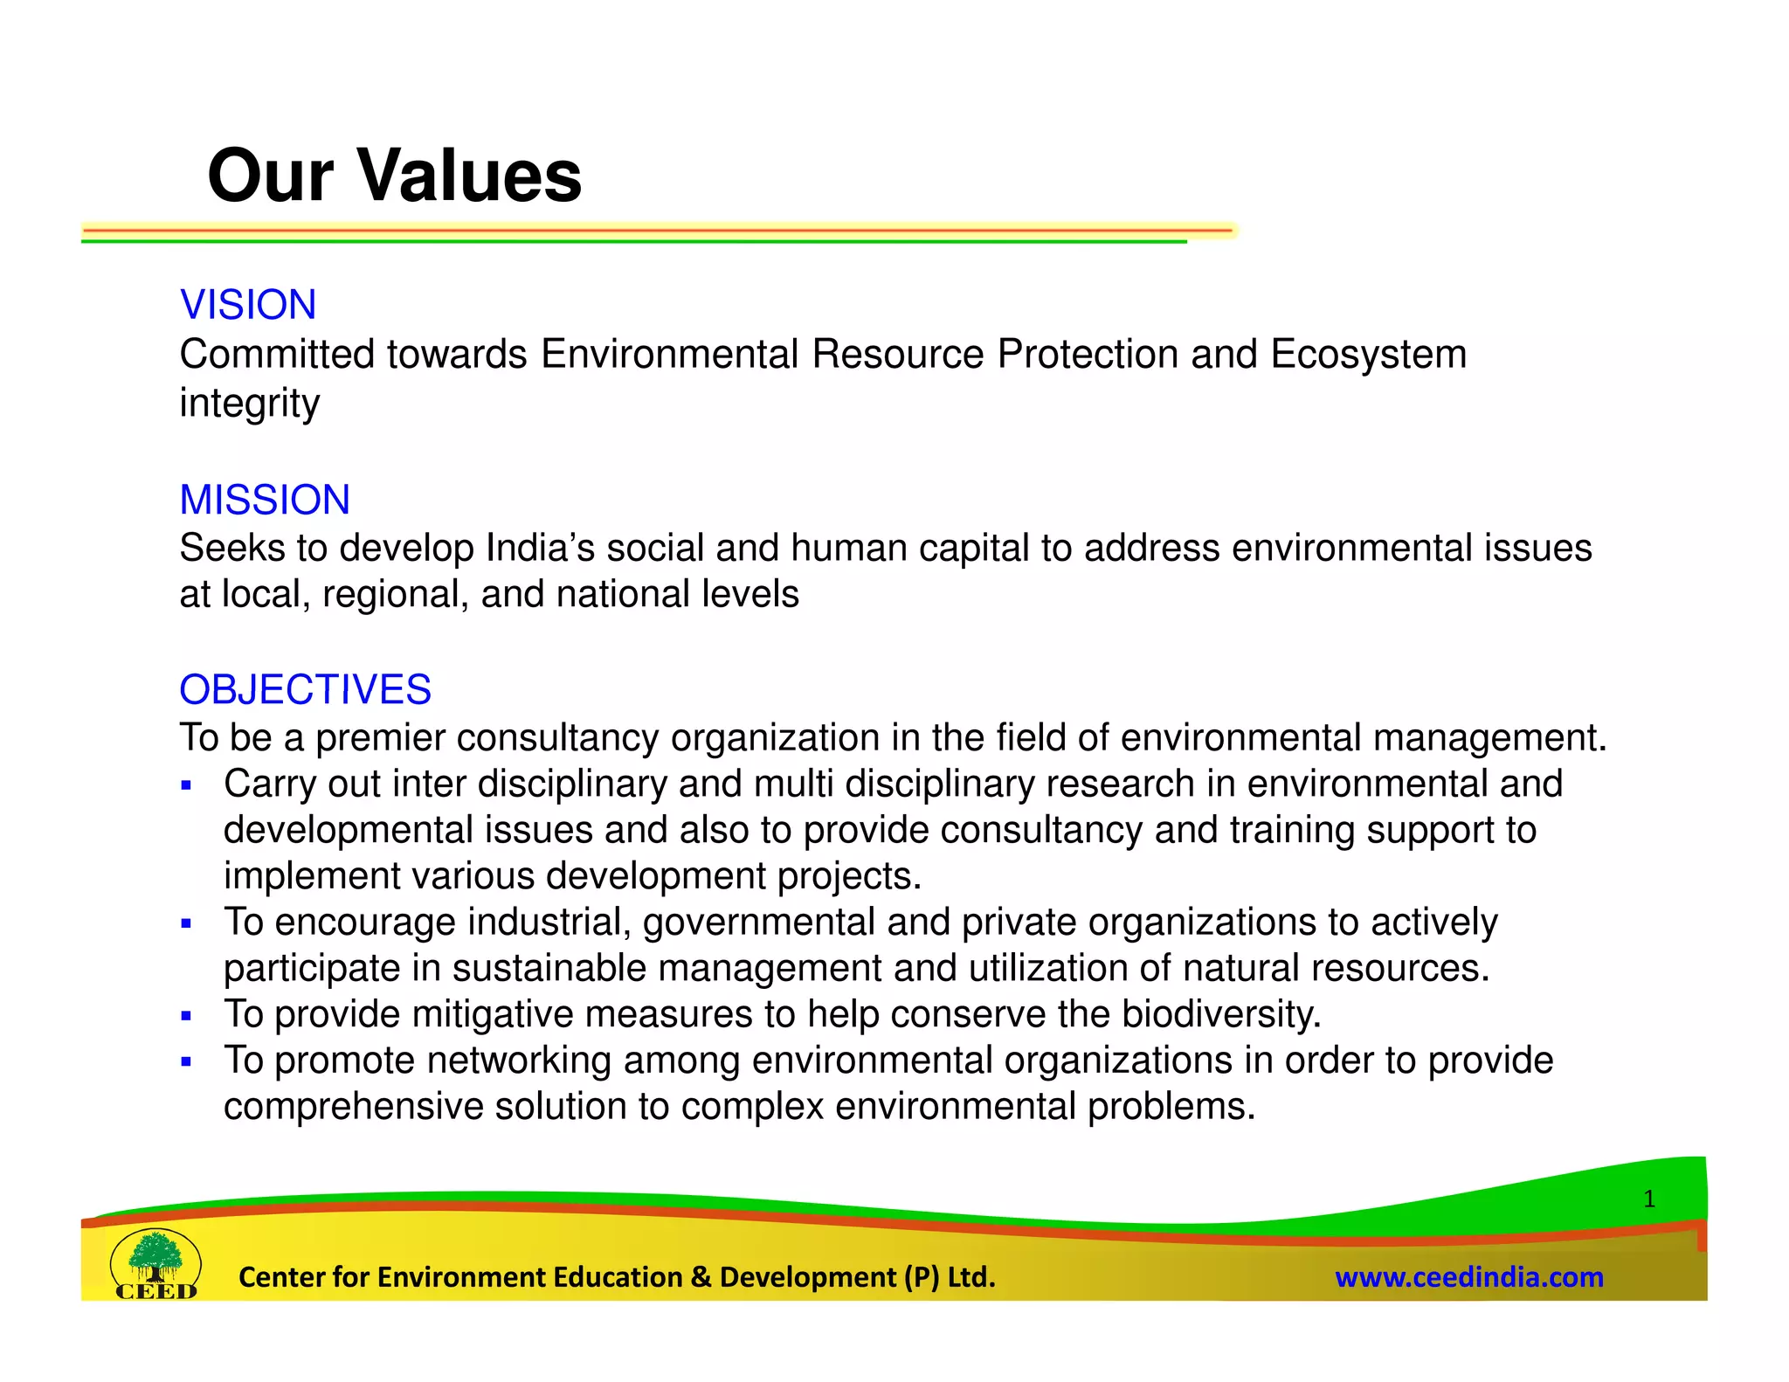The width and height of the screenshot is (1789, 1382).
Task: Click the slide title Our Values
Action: pyautogui.click(x=394, y=176)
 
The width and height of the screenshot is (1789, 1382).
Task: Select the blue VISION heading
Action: pyautogui.click(x=247, y=305)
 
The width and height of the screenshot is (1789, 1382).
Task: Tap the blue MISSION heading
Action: pyautogui.click(x=265, y=500)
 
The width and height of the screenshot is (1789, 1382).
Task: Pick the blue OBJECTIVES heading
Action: pyautogui.click(x=305, y=689)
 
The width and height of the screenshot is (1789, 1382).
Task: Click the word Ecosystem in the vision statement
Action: pyautogui.click(x=1368, y=355)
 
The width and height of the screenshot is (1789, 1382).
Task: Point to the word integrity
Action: pyautogui.click(x=250, y=404)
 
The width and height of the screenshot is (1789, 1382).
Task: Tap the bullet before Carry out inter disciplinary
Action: pyautogui.click(x=186, y=785)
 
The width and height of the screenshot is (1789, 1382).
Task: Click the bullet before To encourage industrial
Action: pyautogui.click(x=186, y=923)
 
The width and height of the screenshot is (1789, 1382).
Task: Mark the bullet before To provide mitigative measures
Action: pyautogui.click(x=186, y=1015)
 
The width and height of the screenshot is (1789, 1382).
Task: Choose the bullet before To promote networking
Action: pyautogui.click(x=186, y=1061)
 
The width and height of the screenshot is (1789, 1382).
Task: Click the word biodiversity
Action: pyautogui.click(x=1220, y=1014)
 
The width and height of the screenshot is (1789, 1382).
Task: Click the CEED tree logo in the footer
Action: pyautogui.click(x=155, y=1264)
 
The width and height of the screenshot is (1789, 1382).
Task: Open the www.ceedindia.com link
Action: pyautogui.click(x=1468, y=1277)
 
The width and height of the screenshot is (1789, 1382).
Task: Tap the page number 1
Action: pyautogui.click(x=1648, y=1199)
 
